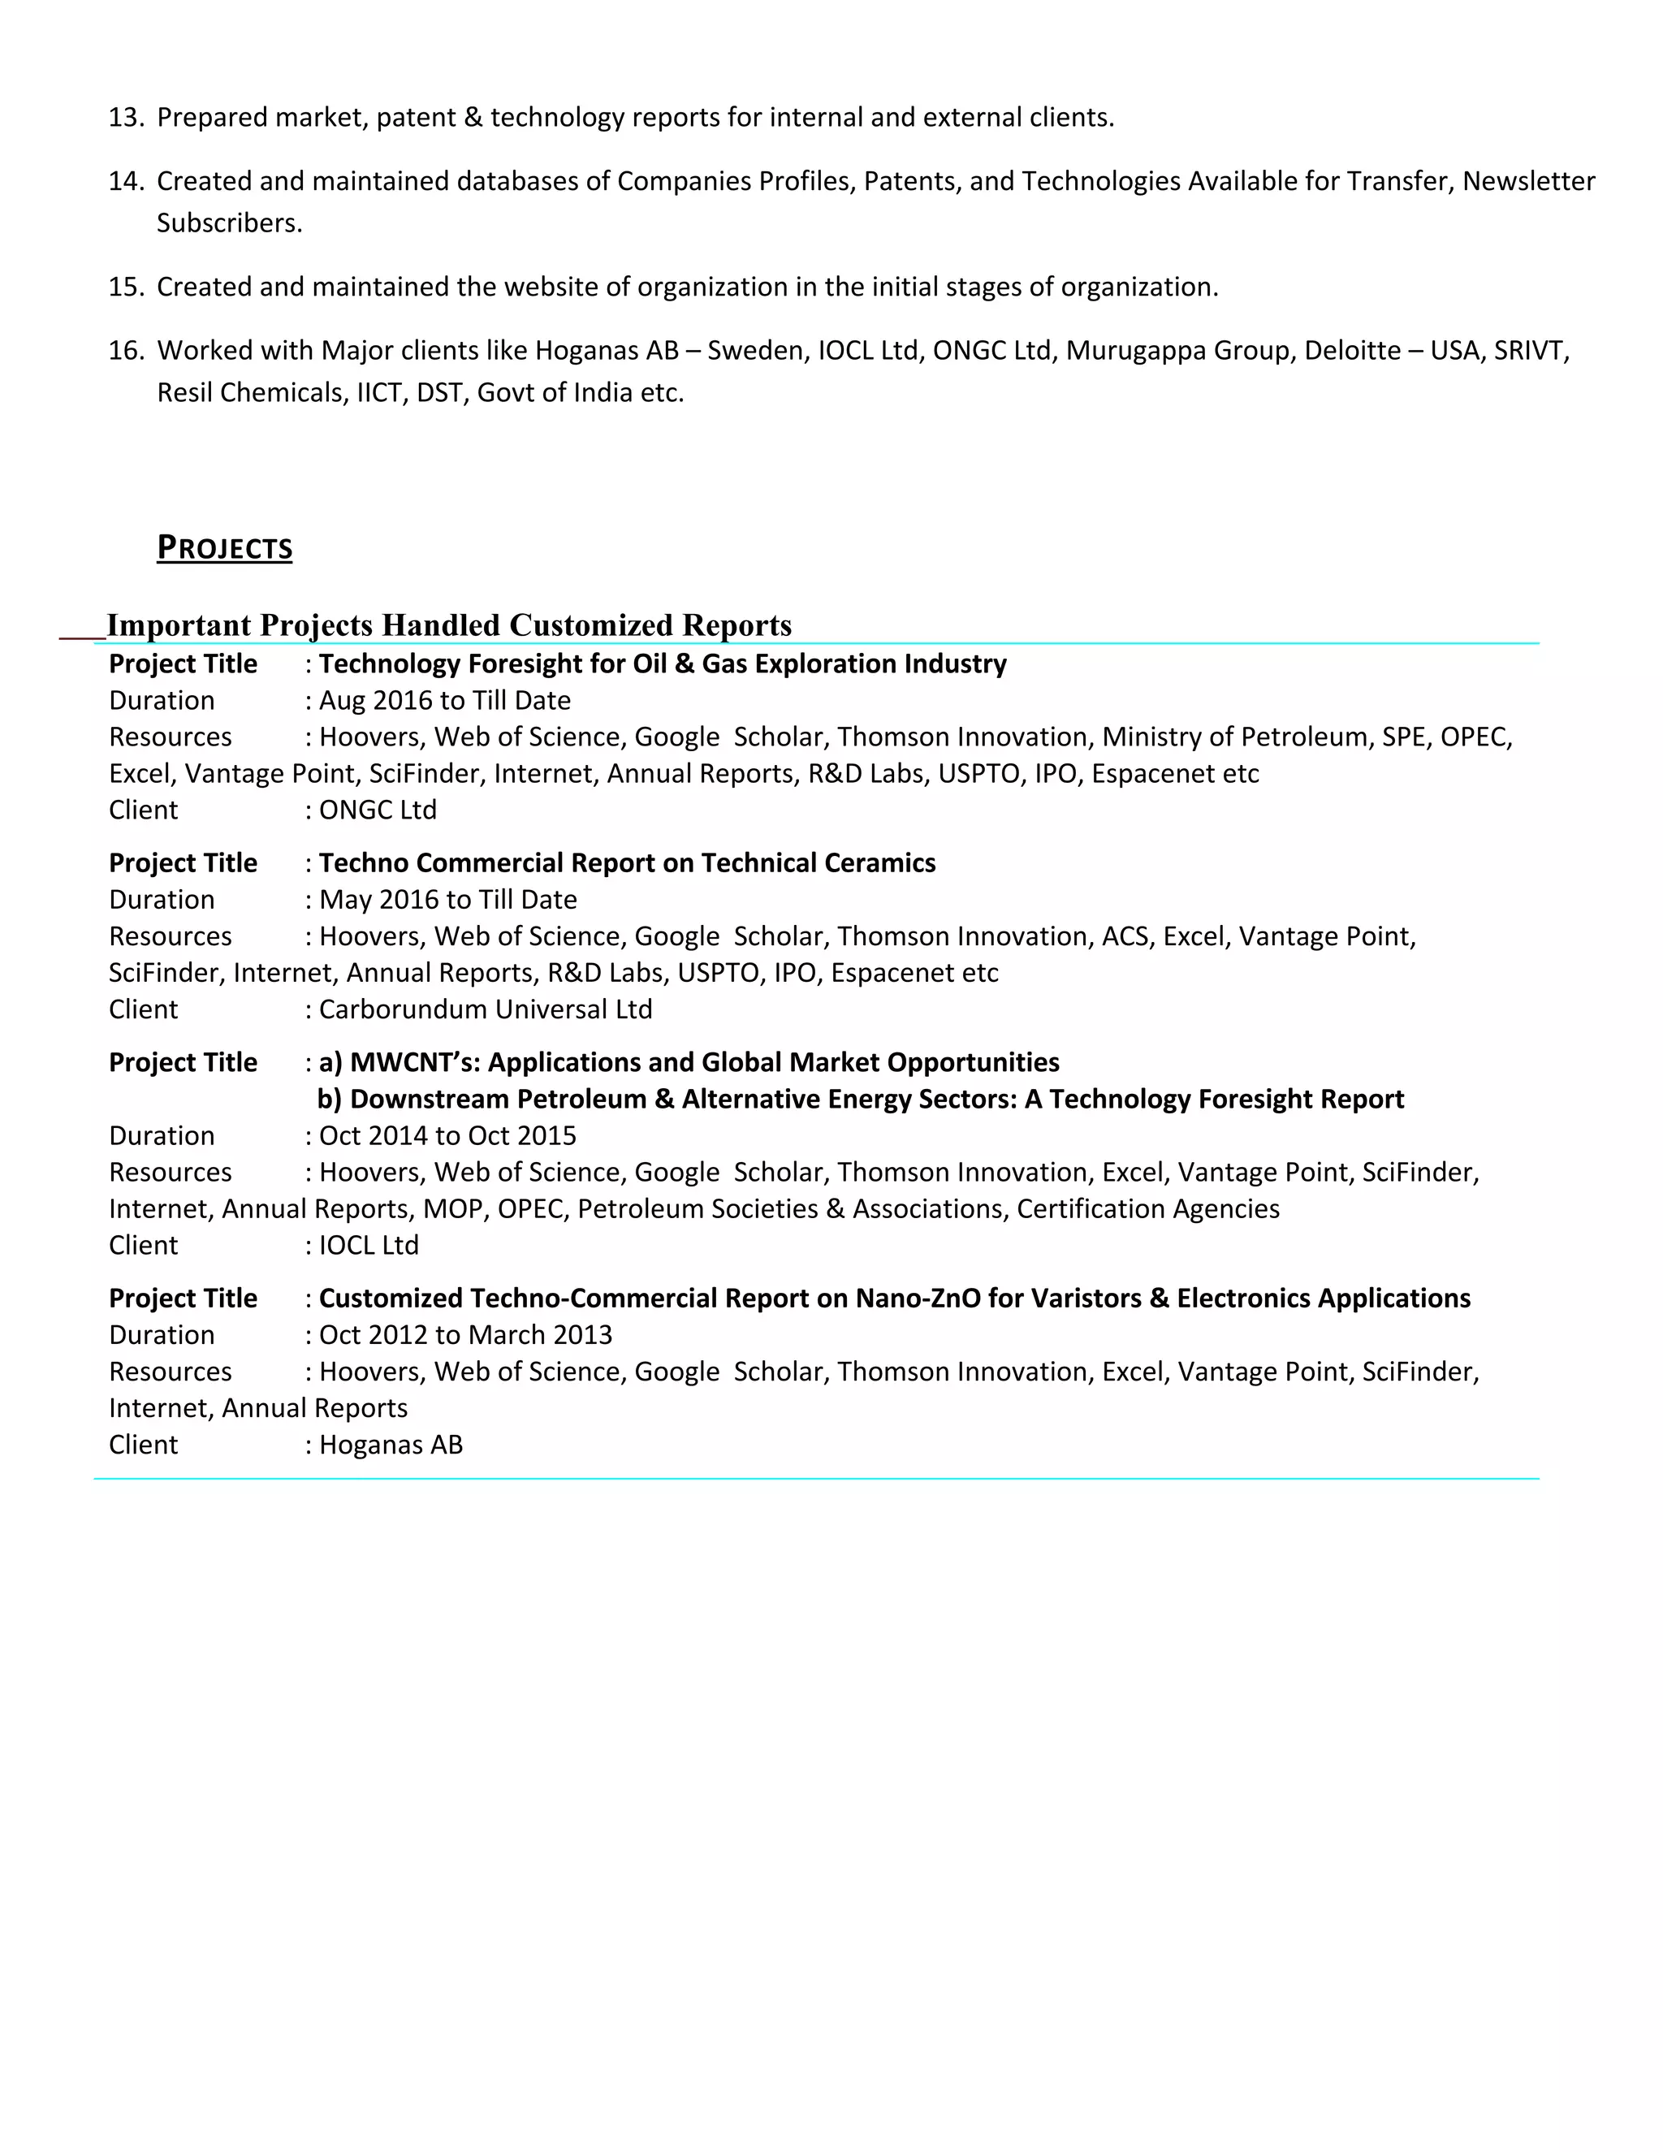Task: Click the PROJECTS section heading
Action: (x=225, y=548)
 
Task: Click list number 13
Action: (x=126, y=117)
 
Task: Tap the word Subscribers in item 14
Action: (x=228, y=223)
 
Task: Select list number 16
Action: (x=126, y=351)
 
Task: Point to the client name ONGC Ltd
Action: (x=378, y=810)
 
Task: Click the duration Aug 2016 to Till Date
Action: (x=444, y=701)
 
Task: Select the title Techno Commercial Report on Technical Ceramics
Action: (x=627, y=863)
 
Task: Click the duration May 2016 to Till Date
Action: (x=447, y=900)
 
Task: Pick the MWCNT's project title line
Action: (x=689, y=1062)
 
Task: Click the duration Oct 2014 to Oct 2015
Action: (x=447, y=1135)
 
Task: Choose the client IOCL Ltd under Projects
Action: (x=369, y=1246)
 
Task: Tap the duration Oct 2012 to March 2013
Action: (x=465, y=1335)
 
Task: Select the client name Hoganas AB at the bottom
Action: (x=390, y=1445)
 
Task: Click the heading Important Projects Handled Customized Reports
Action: (x=448, y=624)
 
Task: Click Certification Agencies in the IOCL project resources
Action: (x=1147, y=1209)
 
